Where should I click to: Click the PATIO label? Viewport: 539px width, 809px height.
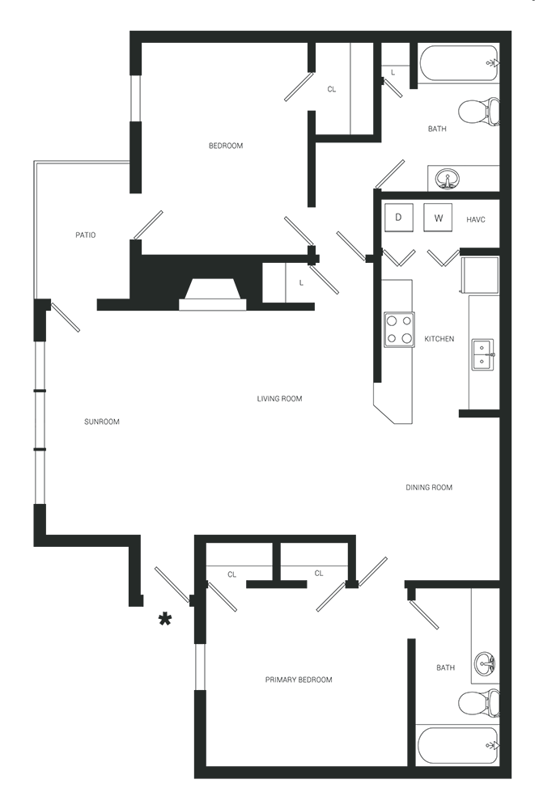click(x=86, y=235)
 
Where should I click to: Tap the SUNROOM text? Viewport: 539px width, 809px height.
click(x=102, y=421)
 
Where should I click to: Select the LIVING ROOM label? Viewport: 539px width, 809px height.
click(x=279, y=398)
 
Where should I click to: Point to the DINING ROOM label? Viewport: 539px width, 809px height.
click(x=428, y=487)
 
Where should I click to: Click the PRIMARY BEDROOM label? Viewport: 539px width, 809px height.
click(x=299, y=680)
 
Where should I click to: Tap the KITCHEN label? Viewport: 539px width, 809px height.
click(x=439, y=338)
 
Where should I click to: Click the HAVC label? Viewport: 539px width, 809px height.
click(x=476, y=220)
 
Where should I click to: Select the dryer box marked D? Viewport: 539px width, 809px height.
click(x=398, y=217)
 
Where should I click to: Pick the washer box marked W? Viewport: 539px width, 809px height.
click(x=438, y=217)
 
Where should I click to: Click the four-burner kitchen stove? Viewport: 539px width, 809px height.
click(x=399, y=330)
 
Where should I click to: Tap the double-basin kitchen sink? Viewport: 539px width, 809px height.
click(x=482, y=354)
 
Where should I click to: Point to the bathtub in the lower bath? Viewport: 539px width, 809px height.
click(x=458, y=745)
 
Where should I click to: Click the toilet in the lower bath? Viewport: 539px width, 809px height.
click(x=479, y=703)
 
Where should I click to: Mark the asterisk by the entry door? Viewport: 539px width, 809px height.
click(x=165, y=619)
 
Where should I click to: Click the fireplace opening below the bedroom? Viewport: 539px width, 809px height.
click(x=213, y=295)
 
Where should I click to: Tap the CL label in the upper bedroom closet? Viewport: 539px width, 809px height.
click(x=332, y=89)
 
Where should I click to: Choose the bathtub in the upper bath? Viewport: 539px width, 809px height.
click(x=458, y=63)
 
